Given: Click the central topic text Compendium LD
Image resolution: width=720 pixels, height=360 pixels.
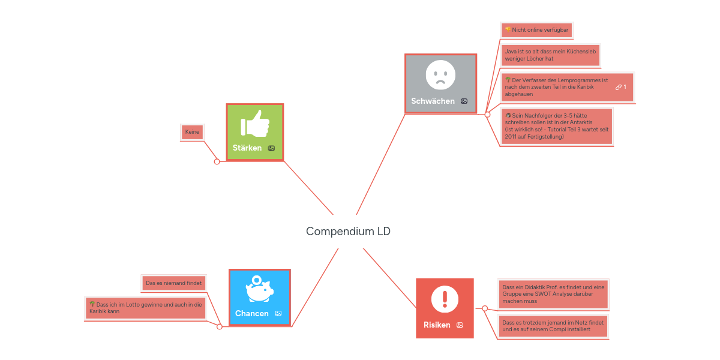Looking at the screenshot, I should (x=348, y=231).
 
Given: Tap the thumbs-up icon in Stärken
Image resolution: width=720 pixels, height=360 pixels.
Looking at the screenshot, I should (x=254, y=124).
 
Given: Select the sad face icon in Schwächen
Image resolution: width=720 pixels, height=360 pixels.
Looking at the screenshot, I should (x=440, y=74).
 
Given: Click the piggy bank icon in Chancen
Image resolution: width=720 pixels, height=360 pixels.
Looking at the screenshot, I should (x=259, y=289).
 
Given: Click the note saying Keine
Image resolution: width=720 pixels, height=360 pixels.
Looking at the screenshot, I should (x=192, y=132).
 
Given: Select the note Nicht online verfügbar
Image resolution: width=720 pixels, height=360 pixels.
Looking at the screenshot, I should (x=536, y=29).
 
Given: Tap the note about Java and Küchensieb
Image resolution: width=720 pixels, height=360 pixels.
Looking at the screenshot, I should (x=550, y=55).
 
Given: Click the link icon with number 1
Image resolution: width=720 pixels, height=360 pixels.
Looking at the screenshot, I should (x=620, y=87).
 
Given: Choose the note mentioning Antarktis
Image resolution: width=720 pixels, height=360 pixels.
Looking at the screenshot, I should (x=556, y=126).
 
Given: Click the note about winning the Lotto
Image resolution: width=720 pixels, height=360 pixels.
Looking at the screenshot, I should (x=146, y=308).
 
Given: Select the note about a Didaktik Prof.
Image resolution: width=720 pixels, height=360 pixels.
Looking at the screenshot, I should (x=553, y=294).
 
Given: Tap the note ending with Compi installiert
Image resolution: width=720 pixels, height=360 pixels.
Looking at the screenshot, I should (x=553, y=326).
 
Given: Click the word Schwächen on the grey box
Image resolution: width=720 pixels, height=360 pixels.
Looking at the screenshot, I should (x=433, y=101).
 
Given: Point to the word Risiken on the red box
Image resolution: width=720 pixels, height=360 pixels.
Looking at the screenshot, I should (x=437, y=325).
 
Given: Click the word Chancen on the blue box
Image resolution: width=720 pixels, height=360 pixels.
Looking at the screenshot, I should (x=252, y=313).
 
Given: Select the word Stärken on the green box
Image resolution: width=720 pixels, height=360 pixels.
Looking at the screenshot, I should (x=247, y=148).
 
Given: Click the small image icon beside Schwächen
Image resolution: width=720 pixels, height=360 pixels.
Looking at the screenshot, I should (x=464, y=101).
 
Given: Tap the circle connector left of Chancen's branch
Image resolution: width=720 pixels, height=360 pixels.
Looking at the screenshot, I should (x=219, y=327).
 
